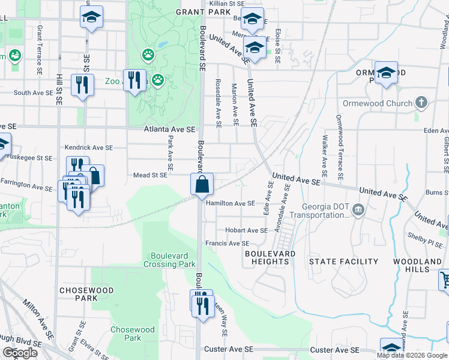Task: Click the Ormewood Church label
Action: (x=378, y=103)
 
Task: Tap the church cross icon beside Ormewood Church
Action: (x=421, y=102)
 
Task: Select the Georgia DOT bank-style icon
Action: (x=358, y=209)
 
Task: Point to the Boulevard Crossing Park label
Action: (x=170, y=260)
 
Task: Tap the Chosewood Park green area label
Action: (x=132, y=334)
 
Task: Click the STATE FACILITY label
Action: (x=343, y=262)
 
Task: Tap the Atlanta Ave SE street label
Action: (x=169, y=129)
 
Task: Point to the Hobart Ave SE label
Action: (x=246, y=230)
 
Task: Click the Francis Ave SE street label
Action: (x=227, y=244)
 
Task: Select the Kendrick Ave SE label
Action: (x=89, y=147)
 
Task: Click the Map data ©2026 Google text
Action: (x=412, y=355)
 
